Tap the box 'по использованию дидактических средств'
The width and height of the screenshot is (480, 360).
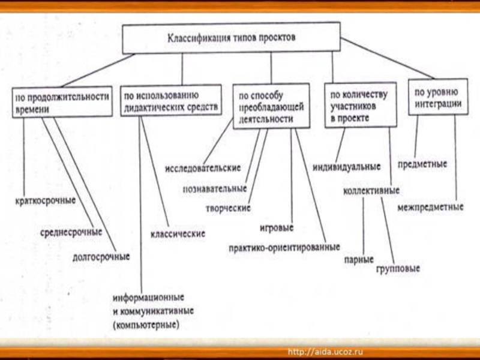(170, 100)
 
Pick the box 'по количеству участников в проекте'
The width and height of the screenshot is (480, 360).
(361, 106)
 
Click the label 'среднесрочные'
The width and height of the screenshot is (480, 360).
(71, 231)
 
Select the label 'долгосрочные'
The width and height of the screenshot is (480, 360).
(101, 257)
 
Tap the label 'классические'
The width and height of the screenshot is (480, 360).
(177, 233)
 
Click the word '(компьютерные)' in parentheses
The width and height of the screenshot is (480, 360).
(146, 325)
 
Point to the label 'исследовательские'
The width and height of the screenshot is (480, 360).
(203, 167)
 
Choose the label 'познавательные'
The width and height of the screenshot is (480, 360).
(214, 188)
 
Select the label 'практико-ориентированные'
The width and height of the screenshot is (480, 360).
(284, 247)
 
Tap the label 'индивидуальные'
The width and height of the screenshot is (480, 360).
(347, 166)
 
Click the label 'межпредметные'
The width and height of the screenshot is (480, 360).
(430, 208)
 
